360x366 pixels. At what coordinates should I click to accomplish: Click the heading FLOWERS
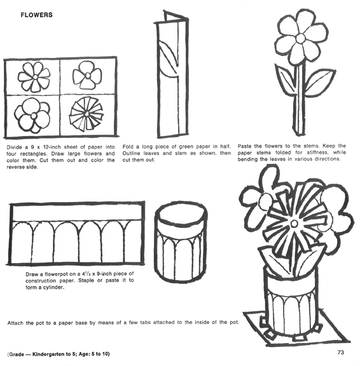pyautogui.click(x=36, y=13)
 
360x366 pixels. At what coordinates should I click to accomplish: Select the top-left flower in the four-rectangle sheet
pyautogui.click(x=34, y=77)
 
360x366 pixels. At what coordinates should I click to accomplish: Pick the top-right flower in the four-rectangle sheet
pyautogui.click(x=87, y=76)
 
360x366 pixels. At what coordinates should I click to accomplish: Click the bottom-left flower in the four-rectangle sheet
pyautogui.click(x=32, y=114)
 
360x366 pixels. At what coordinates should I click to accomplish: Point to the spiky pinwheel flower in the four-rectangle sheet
pyautogui.click(x=85, y=114)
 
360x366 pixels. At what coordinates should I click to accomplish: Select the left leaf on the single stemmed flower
pyautogui.click(x=286, y=79)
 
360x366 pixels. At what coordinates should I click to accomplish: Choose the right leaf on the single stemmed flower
pyautogui.click(x=319, y=81)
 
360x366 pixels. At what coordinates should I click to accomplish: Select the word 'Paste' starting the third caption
pyautogui.click(x=245, y=146)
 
